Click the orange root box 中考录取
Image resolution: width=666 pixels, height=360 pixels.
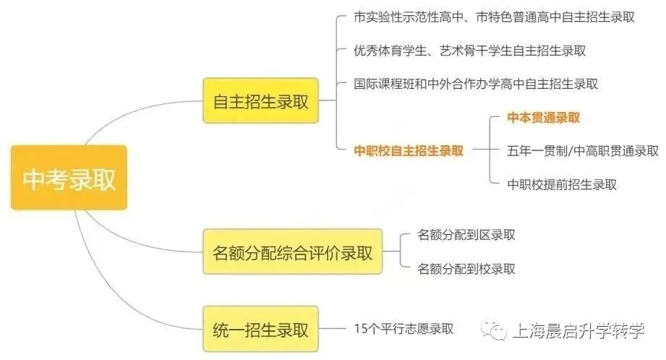tap(69, 178)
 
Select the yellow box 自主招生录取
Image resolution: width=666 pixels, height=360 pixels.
tap(260, 101)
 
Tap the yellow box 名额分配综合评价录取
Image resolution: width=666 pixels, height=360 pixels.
tap(292, 252)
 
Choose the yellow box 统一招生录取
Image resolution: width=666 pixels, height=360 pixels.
tap(260, 330)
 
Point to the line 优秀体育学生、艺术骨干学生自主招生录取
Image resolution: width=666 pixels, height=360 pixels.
tap(470, 51)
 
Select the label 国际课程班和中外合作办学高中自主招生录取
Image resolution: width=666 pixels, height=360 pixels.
tap(476, 84)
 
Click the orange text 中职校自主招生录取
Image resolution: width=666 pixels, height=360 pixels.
tap(409, 151)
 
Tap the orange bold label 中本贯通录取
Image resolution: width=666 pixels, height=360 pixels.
tap(545, 118)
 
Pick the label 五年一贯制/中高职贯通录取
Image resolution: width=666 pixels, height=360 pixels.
tap(583, 151)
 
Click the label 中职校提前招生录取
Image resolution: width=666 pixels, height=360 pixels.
tap(562, 184)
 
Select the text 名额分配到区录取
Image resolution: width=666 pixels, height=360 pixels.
tap(466, 235)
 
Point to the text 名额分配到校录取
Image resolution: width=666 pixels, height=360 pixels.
tap(466, 269)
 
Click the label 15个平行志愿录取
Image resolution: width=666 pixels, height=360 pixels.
tap(404, 329)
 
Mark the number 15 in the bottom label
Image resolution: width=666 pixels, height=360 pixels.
tap(361, 329)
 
